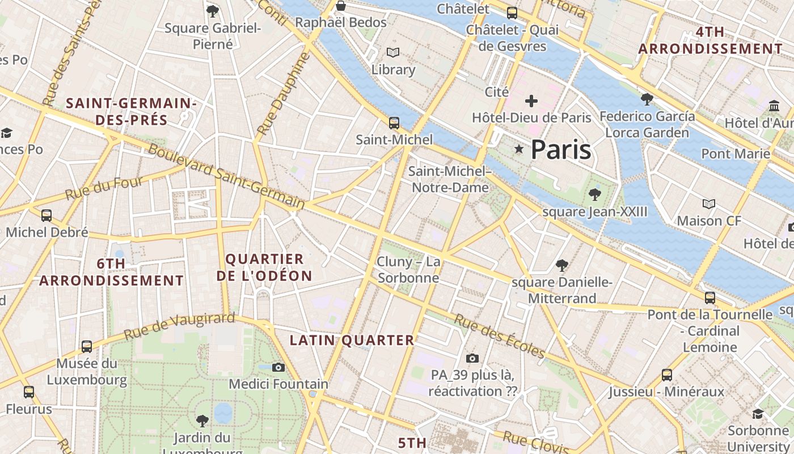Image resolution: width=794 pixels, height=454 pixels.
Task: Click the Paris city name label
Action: pos(561,150)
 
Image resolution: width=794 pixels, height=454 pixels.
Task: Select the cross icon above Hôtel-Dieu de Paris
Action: pos(531,101)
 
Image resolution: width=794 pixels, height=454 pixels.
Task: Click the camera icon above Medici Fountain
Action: pos(278,367)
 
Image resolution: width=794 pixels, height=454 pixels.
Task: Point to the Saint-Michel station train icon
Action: pos(394,123)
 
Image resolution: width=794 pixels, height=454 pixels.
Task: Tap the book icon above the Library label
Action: pos(393,53)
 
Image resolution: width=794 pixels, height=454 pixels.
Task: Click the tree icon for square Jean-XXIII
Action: pos(594,195)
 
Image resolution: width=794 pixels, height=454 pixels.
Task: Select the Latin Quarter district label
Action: pos(352,340)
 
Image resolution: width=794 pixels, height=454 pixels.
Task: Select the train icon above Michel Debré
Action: pos(47,216)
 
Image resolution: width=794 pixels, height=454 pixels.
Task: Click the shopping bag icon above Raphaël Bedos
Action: pos(341,6)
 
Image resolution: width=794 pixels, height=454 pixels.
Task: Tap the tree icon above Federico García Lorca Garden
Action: pos(646,99)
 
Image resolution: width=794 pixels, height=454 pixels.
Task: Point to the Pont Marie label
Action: pos(736,154)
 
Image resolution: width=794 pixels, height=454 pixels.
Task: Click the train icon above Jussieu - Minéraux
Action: pos(667,375)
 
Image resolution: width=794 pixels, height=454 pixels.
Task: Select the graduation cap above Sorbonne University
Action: pos(758,414)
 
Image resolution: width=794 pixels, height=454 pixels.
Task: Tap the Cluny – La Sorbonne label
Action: pos(408,270)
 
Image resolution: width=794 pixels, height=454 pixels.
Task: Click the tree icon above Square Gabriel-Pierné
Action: pos(213,11)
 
